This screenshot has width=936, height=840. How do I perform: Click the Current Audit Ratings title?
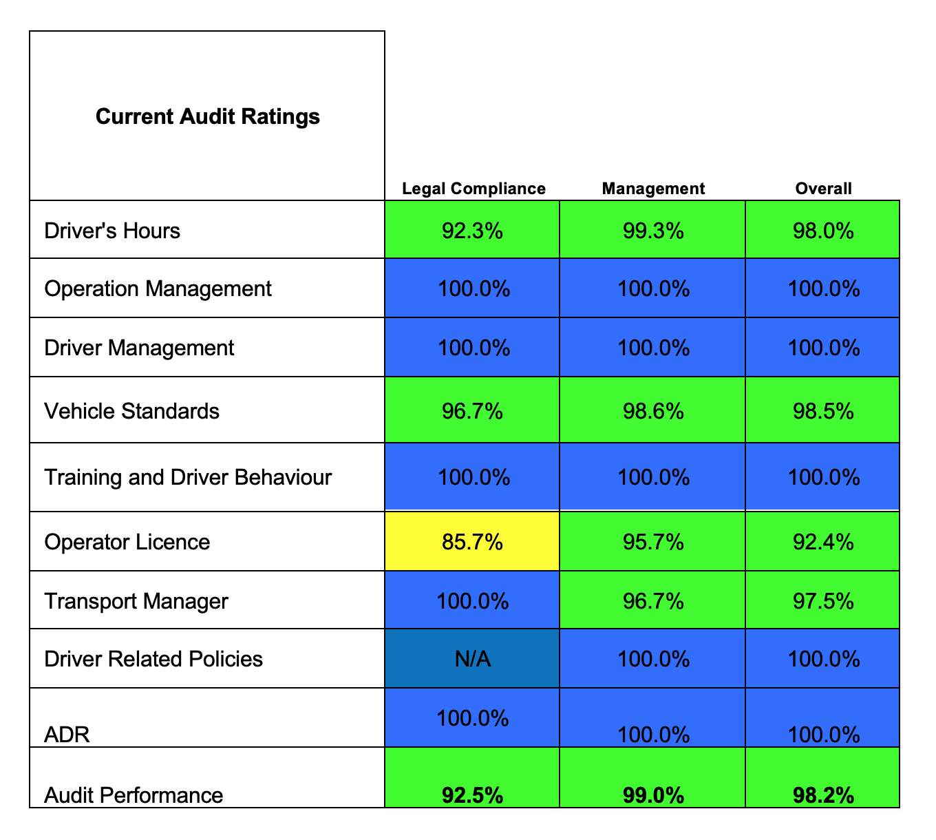point(207,116)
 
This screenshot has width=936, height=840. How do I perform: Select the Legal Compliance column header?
point(474,189)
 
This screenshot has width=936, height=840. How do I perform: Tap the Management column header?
point(652,189)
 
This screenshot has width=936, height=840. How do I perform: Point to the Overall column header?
point(823,189)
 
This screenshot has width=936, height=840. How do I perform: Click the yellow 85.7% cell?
point(472,543)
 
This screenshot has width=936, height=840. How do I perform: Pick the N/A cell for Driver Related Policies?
point(472,660)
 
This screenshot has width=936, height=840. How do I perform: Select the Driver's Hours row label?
point(112,230)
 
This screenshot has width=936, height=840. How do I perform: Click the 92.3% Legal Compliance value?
point(472,231)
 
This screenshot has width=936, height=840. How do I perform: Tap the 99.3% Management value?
point(652,231)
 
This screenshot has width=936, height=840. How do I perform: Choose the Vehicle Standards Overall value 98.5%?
point(823,411)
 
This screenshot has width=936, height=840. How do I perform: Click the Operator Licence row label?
point(127,543)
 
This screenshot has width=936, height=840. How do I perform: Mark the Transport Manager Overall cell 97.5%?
point(823,601)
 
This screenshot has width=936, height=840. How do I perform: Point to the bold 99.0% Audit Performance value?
point(652,796)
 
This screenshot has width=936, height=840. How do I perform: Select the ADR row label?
point(67,735)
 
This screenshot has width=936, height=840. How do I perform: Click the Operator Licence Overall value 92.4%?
point(823,543)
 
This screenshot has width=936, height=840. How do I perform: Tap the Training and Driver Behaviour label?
point(188,477)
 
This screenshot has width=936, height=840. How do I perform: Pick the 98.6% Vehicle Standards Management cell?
point(652,411)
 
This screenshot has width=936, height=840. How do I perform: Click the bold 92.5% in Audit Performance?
point(472,796)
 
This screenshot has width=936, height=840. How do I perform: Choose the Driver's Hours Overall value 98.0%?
point(823,231)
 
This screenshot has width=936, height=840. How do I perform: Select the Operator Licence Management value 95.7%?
point(652,543)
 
